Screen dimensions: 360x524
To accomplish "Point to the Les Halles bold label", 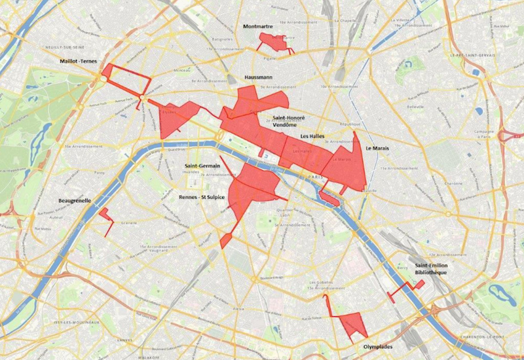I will [x=313, y=135].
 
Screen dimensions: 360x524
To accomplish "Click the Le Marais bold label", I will [x=377, y=149].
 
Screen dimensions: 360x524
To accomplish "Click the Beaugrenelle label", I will [x=73, y=201].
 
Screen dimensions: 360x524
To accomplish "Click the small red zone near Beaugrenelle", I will [x=105, y=215].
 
